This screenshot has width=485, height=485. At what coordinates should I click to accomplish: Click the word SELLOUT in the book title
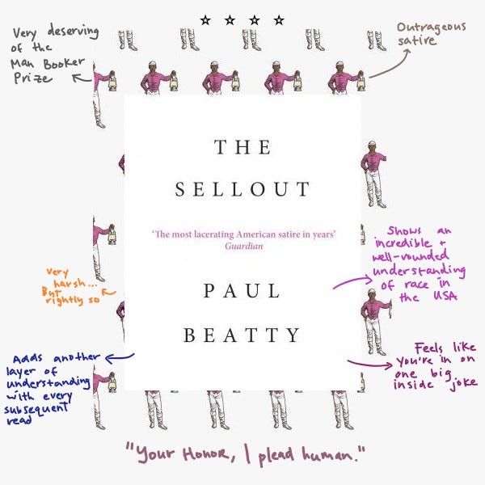[x=242, y=190]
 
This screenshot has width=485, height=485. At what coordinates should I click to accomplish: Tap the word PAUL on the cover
[x=242, y=291]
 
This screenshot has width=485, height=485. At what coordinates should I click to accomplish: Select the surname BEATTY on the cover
[x=242, y=335]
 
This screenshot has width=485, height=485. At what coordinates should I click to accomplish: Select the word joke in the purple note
[x=458, y=382]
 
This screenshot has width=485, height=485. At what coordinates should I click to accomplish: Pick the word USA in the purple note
[x=448, y=297]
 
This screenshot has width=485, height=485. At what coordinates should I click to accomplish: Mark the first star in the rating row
[x=205, y=19]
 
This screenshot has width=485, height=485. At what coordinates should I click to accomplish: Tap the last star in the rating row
[x=280, y=19]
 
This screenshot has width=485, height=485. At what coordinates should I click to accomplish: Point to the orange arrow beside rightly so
[x=108, y=293]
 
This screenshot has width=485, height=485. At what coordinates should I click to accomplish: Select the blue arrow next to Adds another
[x=119, y=355]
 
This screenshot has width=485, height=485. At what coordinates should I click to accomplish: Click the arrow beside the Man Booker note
[x=82, y=78]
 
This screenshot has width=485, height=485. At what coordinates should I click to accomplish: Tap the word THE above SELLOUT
[x=242, y=147]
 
